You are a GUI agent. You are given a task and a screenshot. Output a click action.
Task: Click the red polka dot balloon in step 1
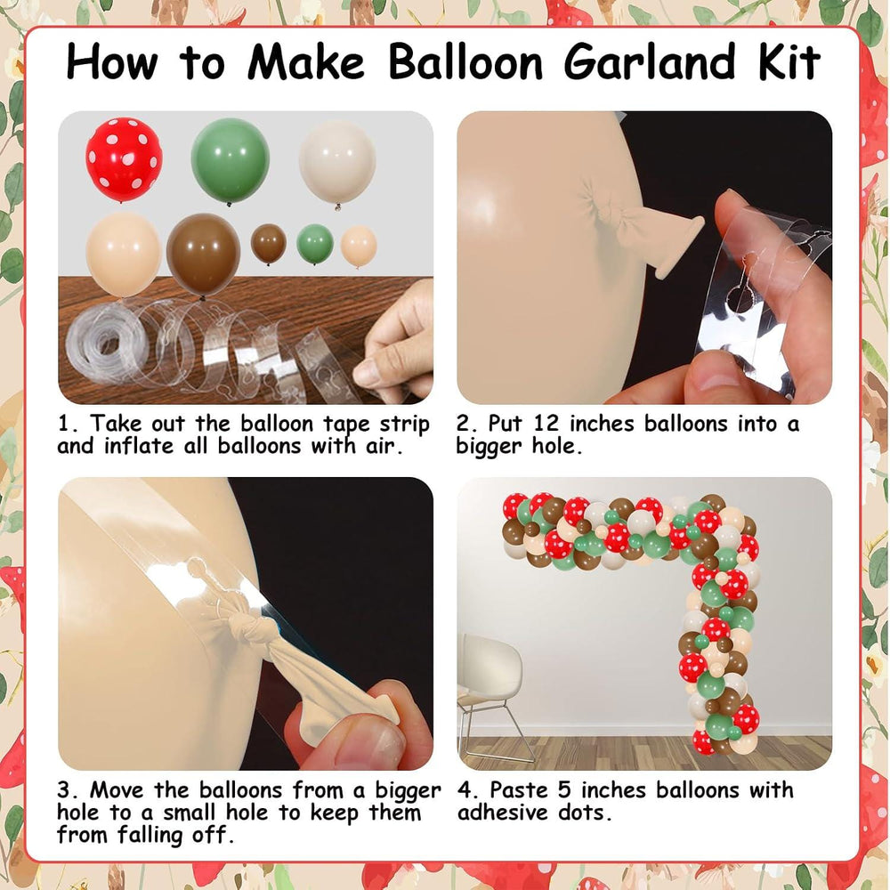pyautogui.click(x=124, y=159)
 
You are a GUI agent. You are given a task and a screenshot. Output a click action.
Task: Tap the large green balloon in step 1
pyautogui.click(x=230, y=161)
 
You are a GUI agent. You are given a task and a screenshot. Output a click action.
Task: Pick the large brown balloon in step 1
pyautogui.click(x=203, y=255)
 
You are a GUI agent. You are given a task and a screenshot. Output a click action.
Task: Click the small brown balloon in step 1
pyautogui.click(x=269, y=243)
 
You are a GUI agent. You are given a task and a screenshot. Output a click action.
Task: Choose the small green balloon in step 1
pyautogui.click(x=315, y=244)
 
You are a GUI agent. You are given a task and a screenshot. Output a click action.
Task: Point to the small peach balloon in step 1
pyautogui.click(x=359, y=246)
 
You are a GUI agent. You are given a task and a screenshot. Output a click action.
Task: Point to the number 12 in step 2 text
pyautogui.click(x=546, y=424)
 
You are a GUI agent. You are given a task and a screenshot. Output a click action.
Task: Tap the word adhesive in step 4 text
pyautogui.click(x=504, y=813)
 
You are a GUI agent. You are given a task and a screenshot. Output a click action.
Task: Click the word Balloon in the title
pyautogui.click(x=466, y=61)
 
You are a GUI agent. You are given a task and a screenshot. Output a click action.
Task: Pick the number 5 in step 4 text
pyautogui.click(x=563, y=790)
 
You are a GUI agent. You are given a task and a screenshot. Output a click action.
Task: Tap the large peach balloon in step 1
pyautogui.click(x=123, y=254)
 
